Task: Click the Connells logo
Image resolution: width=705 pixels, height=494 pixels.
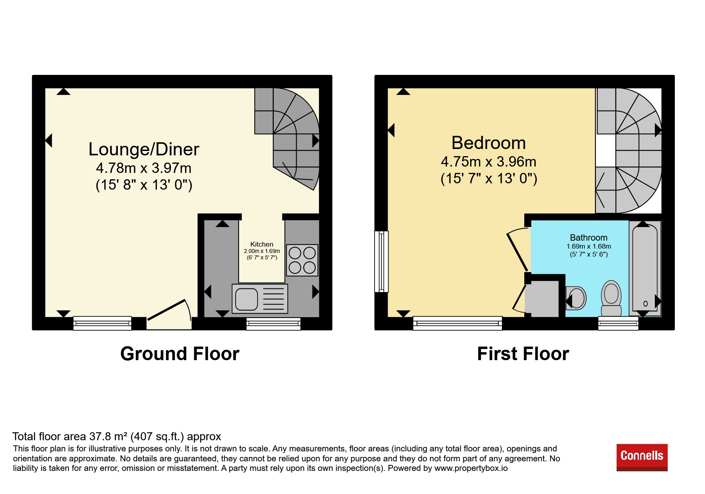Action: (642, 457)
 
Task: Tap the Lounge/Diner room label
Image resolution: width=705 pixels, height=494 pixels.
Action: (144, 149)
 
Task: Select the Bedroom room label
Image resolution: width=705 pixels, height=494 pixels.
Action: (488, 143)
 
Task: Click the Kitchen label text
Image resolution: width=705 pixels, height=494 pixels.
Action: (262, 244)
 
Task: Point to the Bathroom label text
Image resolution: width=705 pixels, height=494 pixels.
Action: (588, 237)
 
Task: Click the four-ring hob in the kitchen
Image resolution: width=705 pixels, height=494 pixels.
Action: (302, 260)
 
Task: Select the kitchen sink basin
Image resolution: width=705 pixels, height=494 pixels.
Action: (246, 299)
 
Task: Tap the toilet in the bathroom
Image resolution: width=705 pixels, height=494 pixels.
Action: (611, 298)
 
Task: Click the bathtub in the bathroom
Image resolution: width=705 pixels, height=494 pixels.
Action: (645, 269)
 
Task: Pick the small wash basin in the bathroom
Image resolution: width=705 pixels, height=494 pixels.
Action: (576, 298)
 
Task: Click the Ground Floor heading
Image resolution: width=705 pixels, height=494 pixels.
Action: (180, 354)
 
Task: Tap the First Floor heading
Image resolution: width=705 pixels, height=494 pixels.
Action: (523, 354)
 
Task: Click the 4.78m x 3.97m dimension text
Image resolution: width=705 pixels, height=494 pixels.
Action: (144, 168)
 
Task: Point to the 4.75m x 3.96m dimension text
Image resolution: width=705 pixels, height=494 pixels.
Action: (488, 161)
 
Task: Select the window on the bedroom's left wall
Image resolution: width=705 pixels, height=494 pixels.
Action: (382, 261)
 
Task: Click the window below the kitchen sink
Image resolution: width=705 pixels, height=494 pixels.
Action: (273, 324)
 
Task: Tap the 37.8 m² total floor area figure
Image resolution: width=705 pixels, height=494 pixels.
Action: (107, 437)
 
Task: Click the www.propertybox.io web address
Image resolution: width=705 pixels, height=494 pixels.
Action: (471, 469)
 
